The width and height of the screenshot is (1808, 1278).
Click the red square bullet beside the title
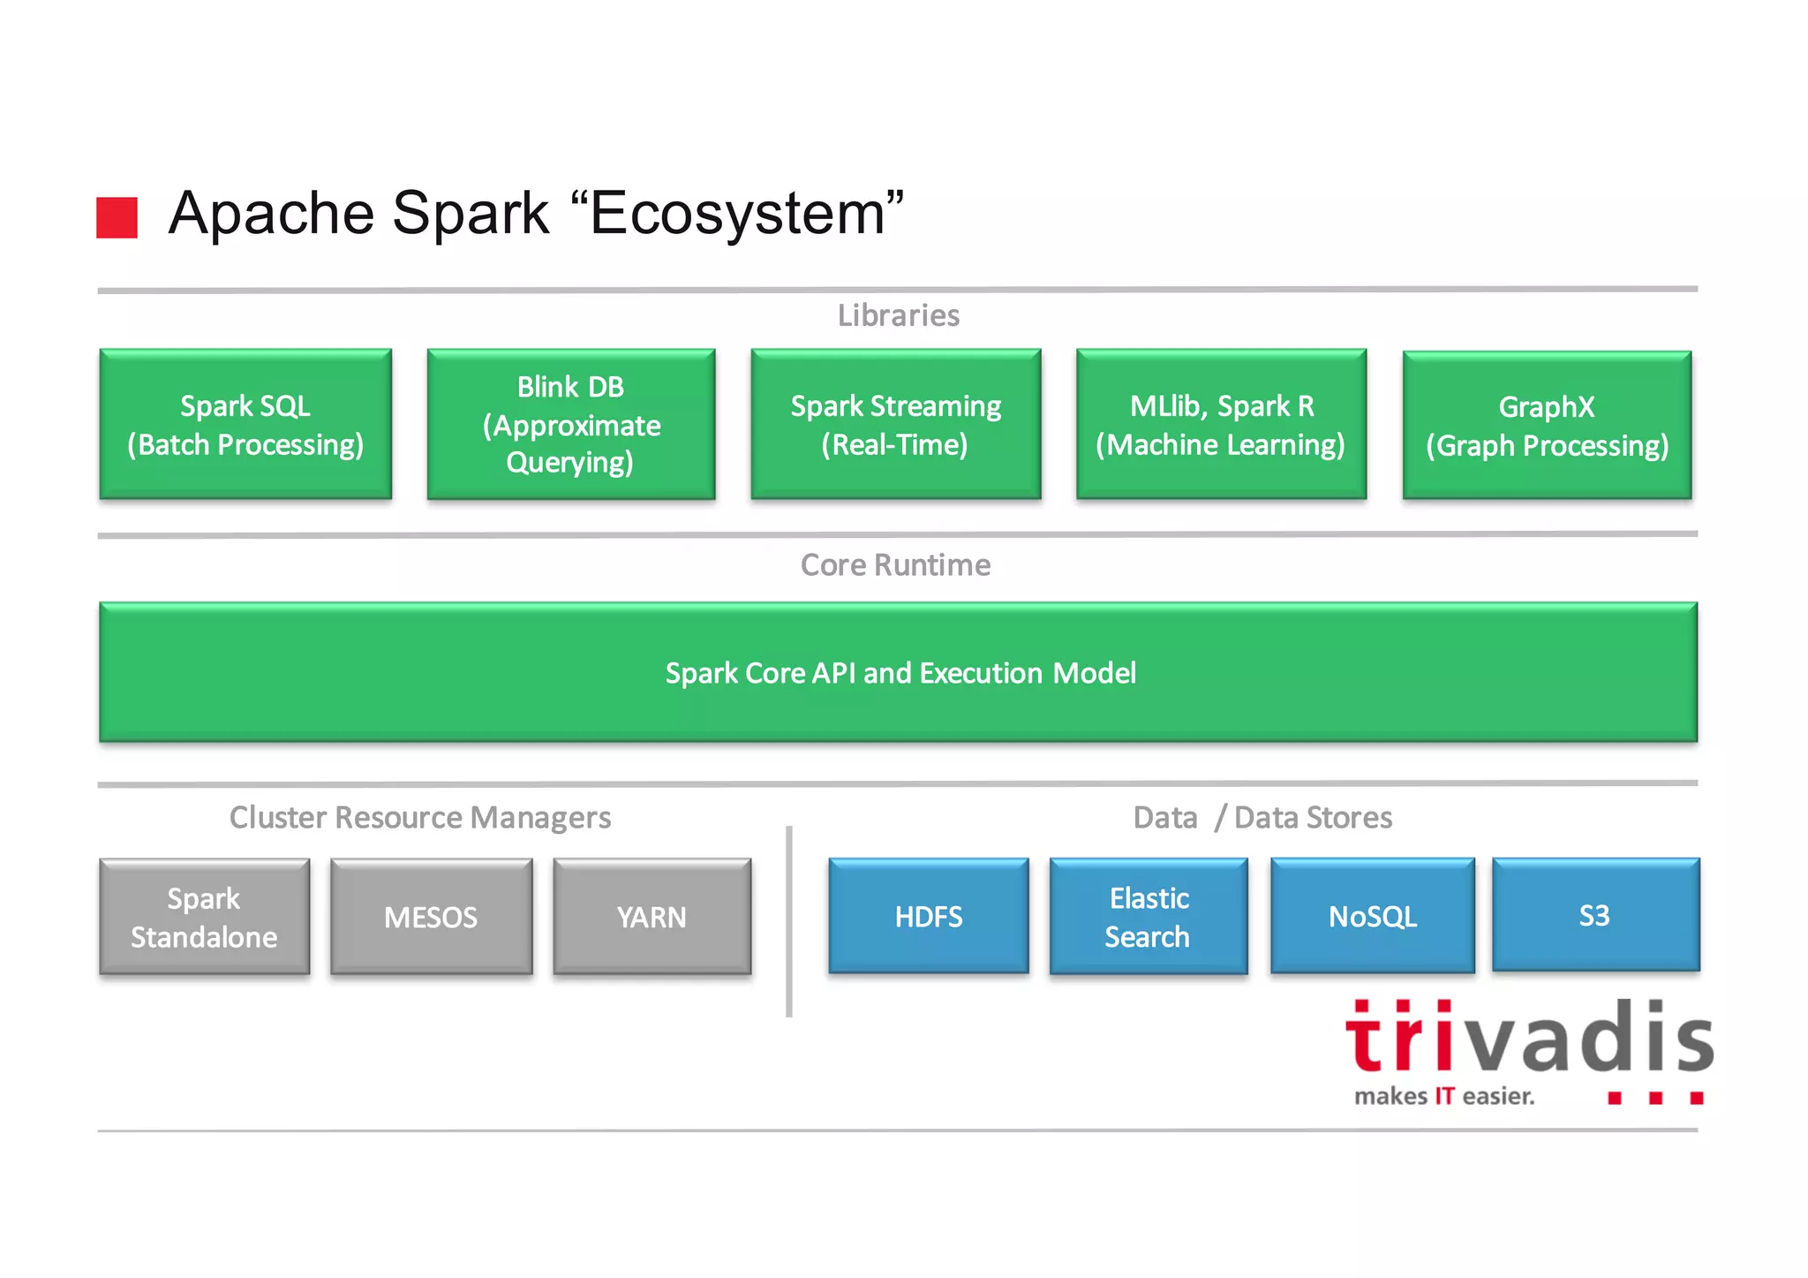click(117, 217)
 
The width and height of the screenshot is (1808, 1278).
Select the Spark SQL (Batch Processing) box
click(245, 425)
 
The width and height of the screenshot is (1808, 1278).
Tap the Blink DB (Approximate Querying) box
click(571, 425)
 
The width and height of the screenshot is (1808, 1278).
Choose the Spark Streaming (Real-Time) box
click(895, 425)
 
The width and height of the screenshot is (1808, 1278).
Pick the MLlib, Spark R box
click(1221, 425)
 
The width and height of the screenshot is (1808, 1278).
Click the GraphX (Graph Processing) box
click(1547, 426)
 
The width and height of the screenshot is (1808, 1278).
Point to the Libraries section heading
click(898, 315)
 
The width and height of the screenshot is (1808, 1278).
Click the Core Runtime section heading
click(895, 565)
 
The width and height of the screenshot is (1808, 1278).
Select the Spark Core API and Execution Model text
click(900, 673)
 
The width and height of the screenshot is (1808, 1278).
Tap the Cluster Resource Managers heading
click(420, 818)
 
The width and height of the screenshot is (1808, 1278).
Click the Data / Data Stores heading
click(1262, 818)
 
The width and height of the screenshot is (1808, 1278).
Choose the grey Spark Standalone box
click(204, 917)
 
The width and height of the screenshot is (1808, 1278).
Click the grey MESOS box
click(431, 917)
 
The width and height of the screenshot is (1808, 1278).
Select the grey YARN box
click(652, 917)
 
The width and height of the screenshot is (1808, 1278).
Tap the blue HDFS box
click(928, 916)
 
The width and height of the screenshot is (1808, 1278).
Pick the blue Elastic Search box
click(1148, 917)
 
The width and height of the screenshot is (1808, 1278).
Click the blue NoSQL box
click(1372, 916)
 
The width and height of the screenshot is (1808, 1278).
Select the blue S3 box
click(1594, 915)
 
